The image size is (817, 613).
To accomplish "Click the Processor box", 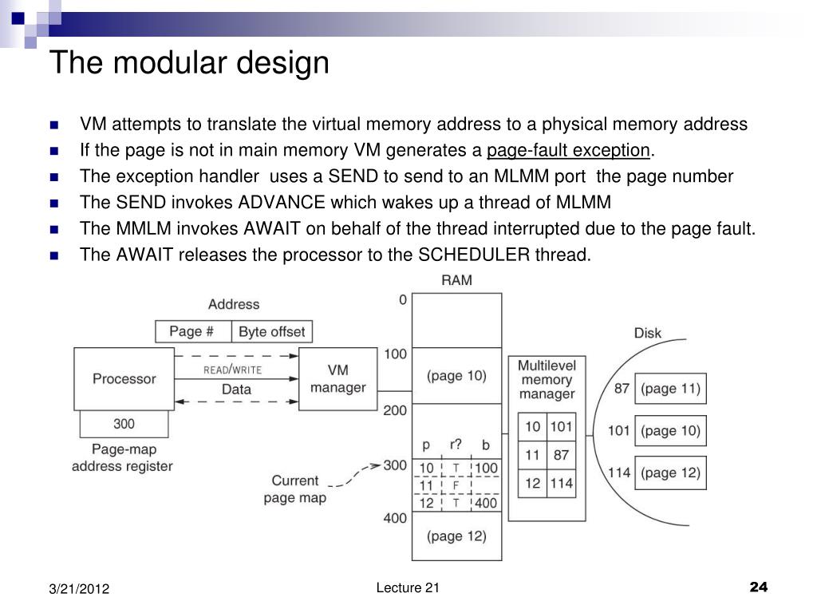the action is coord(124,379).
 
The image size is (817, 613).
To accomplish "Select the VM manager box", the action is coord(338,379).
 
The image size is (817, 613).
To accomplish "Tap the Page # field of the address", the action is coord(193,331).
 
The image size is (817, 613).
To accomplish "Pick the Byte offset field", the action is coord(272,331).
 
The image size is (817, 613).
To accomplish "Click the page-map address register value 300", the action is coord(124,424).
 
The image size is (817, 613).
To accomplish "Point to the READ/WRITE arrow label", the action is coord(232,370).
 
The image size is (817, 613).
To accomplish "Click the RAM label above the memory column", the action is coord(457,280).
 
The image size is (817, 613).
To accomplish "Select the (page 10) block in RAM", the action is coord(457,376).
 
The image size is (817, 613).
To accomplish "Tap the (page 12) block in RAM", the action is coord(457,536).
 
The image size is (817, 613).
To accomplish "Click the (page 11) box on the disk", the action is coord(670,389).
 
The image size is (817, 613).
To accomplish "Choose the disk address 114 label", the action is coord(619,473).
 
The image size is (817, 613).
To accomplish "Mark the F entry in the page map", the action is coord(456,486).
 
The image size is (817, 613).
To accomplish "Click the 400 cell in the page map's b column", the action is coord(486,503).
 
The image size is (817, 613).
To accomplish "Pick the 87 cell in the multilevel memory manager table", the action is coord(561,455).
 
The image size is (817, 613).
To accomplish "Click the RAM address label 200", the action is coord(395,411).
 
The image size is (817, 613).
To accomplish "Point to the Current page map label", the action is coord(295,489).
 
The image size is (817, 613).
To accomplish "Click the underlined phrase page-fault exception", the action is coord(568,150).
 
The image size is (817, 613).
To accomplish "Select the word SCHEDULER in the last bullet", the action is coord(474,255).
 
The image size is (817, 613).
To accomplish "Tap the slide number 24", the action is coord(759,587).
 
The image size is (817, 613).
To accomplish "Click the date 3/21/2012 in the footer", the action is coord(79,589).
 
